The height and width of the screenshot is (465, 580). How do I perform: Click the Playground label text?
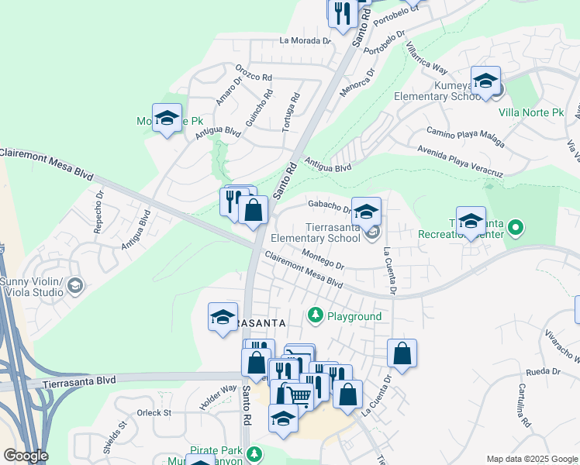click(x=354, y=316)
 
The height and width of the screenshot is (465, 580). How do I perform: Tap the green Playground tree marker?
click(x=315, y=315)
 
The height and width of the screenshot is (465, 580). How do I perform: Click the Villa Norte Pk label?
click(x=531, y=113)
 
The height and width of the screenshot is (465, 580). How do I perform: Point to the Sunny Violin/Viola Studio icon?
click(x=75, y=286)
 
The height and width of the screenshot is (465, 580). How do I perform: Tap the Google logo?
click(x=26, y=456)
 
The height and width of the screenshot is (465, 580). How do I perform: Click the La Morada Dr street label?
click(x=306, y=40)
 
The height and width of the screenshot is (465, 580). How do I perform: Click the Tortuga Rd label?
click(x=292, y=112)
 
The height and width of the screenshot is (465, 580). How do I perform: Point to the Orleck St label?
click(x=154, y=413)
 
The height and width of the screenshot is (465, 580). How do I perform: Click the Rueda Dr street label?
click(x=542, y=371)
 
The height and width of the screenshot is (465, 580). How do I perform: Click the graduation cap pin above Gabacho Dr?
click(x=367, y=210)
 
